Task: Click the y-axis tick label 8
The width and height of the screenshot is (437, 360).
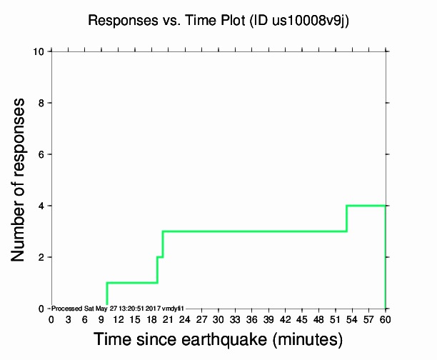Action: [x=42, y=103]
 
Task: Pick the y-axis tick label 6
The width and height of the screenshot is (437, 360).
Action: [x=42, y=154]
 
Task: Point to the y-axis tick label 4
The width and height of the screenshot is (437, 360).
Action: [x=42, y=206]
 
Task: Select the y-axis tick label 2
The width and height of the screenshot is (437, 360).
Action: [x=42, y=257]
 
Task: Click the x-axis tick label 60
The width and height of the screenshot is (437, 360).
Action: [x=386, y=319]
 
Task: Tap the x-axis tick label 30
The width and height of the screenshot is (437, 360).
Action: [x=218, y=319]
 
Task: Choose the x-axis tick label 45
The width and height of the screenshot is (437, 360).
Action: [x=302, y=319]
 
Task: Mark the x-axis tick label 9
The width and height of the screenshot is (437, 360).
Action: [x=101, y=319]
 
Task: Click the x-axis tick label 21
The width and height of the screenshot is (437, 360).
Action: [x=169, y=319]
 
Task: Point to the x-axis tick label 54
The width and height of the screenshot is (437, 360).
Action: [x=352, y=319]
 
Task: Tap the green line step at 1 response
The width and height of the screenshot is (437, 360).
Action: [x=132, y=282]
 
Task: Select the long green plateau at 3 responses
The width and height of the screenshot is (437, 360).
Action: [x=254, y=231]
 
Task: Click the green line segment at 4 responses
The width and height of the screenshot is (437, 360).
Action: [x=366, y=206]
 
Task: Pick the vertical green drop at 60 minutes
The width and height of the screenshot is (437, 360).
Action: [x=386, y=257]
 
